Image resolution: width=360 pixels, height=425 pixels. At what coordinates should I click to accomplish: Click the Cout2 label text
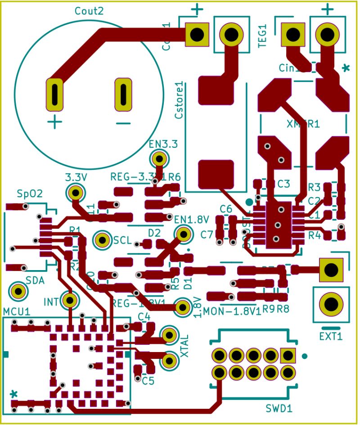click(89, 11)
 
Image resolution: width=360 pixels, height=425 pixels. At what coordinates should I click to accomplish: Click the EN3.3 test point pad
click(158, 158)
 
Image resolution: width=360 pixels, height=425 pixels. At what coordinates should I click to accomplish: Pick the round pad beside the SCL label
click(103, 240)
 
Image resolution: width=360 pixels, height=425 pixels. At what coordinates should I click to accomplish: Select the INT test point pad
click(69, 300)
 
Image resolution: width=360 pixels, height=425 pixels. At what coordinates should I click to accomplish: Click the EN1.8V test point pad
click(183, 234)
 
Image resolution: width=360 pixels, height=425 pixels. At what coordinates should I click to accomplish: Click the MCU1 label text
click(17, 312)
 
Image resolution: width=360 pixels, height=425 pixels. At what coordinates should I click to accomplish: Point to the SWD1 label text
click(279, 409)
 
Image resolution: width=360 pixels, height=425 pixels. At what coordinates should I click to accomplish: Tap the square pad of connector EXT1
click(331, 270)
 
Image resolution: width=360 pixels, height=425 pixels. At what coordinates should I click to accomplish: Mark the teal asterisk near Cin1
click(346, 68)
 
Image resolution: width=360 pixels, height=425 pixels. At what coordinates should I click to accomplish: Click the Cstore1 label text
click(179, 100)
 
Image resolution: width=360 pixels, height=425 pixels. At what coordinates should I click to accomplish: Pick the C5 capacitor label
click(148, 381)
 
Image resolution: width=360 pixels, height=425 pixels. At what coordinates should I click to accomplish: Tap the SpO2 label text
click(30, 194)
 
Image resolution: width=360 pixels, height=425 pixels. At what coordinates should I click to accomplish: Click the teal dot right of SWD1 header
click(305, 357)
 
